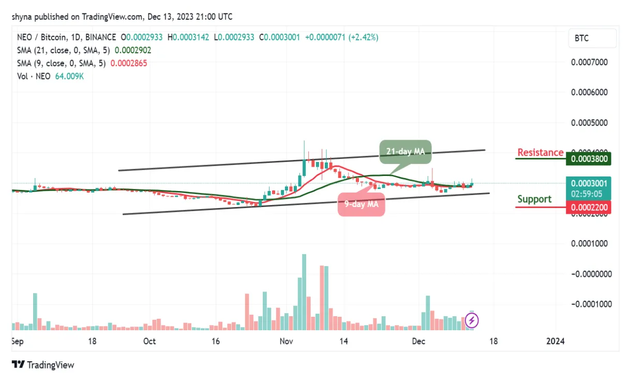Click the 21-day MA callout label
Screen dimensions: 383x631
(405, 152)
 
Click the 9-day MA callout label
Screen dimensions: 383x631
(362, 204)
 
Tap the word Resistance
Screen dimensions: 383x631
(540, 152)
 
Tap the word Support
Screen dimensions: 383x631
(534, 199)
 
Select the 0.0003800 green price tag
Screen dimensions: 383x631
(589, 159)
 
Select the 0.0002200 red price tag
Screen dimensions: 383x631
(589, 208)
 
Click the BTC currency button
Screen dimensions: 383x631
(592, 38)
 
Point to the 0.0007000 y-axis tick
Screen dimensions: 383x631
(589, 62)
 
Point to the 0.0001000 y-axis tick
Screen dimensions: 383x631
(589, 243)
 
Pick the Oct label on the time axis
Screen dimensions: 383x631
(149, 342)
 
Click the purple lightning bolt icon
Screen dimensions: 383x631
(472, 320)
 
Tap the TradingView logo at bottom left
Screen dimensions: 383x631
(43, 365)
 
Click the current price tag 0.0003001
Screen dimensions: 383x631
(589, 183)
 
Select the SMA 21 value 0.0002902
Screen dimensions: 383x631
(133, 51)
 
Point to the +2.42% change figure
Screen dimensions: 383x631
(364, 38)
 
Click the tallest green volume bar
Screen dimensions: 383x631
(304, 291)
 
